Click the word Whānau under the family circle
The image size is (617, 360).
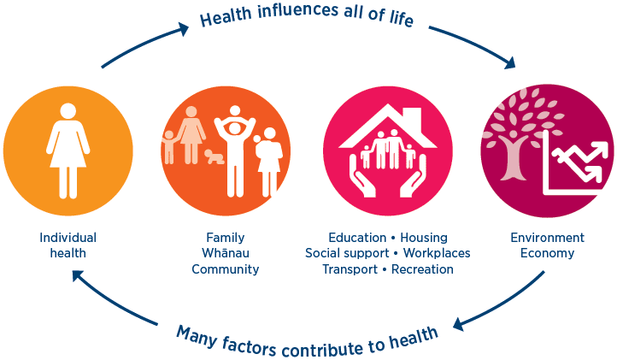click(x=226, y=253)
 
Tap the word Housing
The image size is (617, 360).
click(x=424, y=238)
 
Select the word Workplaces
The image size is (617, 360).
click(x=437, y=253)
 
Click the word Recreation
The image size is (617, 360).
click(x=422, y=269)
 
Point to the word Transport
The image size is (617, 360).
click(x=350, y=269)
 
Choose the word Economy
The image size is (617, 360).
click(x=547, y=253)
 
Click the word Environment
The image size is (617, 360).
click(x=547, y=238)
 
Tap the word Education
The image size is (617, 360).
click(x=357, y=238)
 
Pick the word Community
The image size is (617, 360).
click(x=225, y=269)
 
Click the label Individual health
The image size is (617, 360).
click(x=68, y=245)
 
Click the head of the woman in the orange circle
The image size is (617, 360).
click(x=68, y=111)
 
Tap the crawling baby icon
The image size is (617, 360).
click(x=214, y=156)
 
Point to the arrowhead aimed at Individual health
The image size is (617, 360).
click(x=78, y=275)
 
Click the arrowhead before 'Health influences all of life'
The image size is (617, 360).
click(x=184, y=28)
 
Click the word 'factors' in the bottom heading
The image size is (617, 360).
click(x=249, y=345)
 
